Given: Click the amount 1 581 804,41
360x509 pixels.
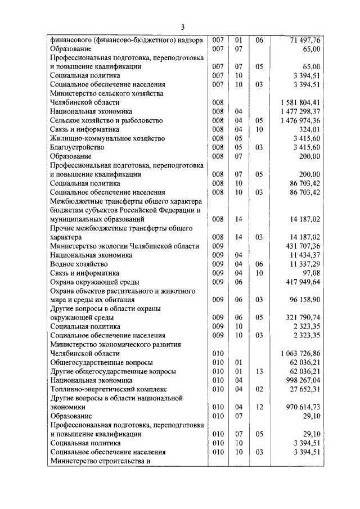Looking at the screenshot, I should (x=300, y=102).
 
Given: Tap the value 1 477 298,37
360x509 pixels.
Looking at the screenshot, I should (x=300, y=111).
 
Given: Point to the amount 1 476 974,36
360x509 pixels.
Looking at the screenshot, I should (x=300, y=120).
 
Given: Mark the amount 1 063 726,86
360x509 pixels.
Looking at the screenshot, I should (x=300, y=353).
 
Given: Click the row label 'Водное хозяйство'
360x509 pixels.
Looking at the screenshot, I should (x=78, y=264).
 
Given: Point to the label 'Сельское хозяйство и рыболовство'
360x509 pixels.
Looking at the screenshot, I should (x=106, y=120).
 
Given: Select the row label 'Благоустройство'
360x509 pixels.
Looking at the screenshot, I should (x=77, y=147).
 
